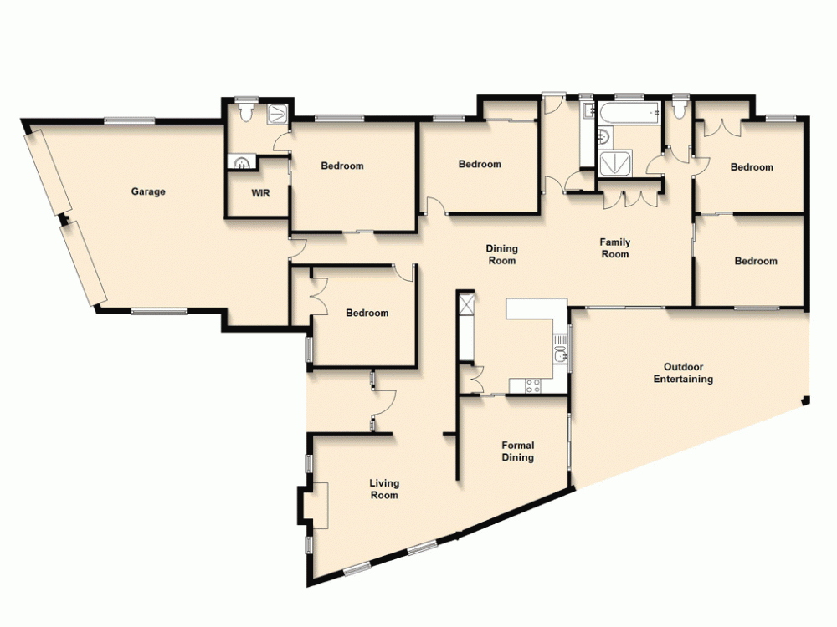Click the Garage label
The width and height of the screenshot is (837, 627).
pyautogui.click(x=148, y=191)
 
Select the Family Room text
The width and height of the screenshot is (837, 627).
pyautogui.click(x=615, y=248)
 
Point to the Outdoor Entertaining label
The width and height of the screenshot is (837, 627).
pyautogui.click(x=683, y=373)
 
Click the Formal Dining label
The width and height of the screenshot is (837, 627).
pyautogui.click(x=517, y=451)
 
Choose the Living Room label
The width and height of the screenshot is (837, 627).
pyautogui.click(x=384, y=489)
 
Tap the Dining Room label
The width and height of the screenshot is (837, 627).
pyautogui.click(x=502, y=254)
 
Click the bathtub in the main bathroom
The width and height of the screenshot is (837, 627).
pyautogui.click(x=629, y=112)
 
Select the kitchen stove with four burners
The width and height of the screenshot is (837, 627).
pyautogui.click(x=531, y=385)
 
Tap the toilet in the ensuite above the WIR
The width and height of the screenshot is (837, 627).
pyautogui.click(x=246, y=109)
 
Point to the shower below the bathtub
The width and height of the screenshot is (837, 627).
pyautogui.click(x=618, y=162)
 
